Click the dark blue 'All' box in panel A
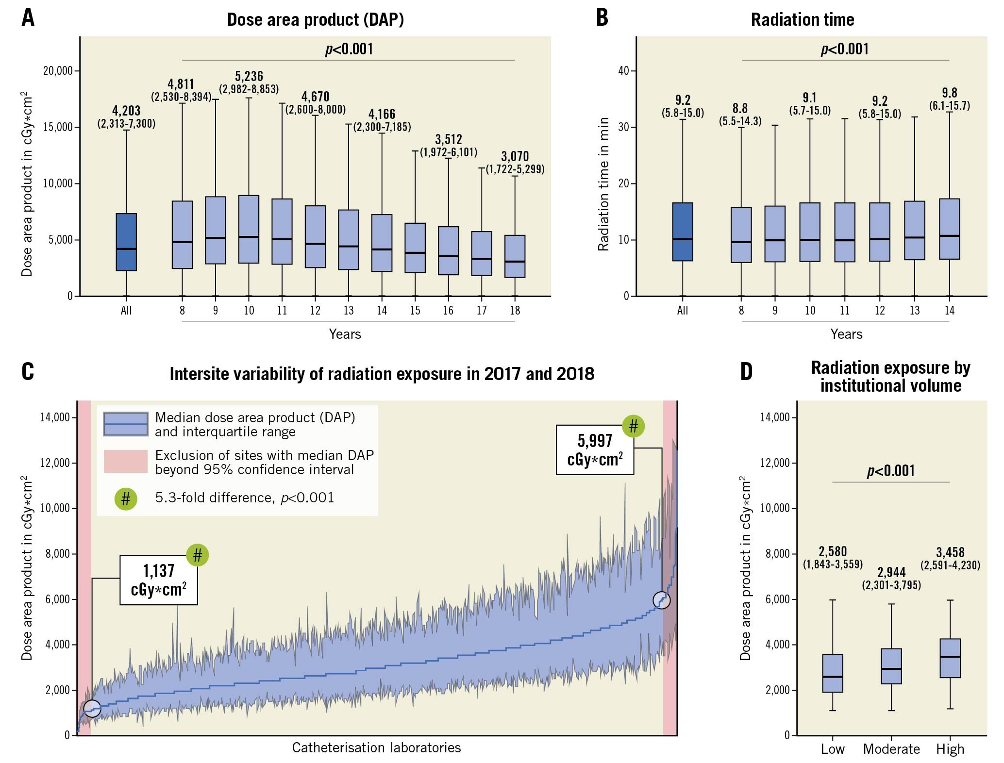click(126, 242)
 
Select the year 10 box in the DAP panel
click(249, 229)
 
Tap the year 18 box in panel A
click(515, 256)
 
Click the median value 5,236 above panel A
click(249, 76)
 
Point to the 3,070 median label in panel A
click(515, 156)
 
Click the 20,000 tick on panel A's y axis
click(58, 71)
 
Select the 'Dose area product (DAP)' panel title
click(315, 19)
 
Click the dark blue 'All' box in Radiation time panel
click(682, 232)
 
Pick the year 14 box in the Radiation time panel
click(949, 229)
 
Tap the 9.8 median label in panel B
click(950, 93)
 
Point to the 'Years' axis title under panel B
click(846, 334)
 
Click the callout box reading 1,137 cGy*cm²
click(159, 580)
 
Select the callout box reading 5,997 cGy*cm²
click(595, 449)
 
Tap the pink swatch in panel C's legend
click(125, 461)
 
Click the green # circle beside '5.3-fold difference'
click(125, 498)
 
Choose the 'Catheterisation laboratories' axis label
click(376, 747)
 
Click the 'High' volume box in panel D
click(950, 658)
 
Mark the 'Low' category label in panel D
click(832, 749)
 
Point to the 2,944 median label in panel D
click(891, 573)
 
